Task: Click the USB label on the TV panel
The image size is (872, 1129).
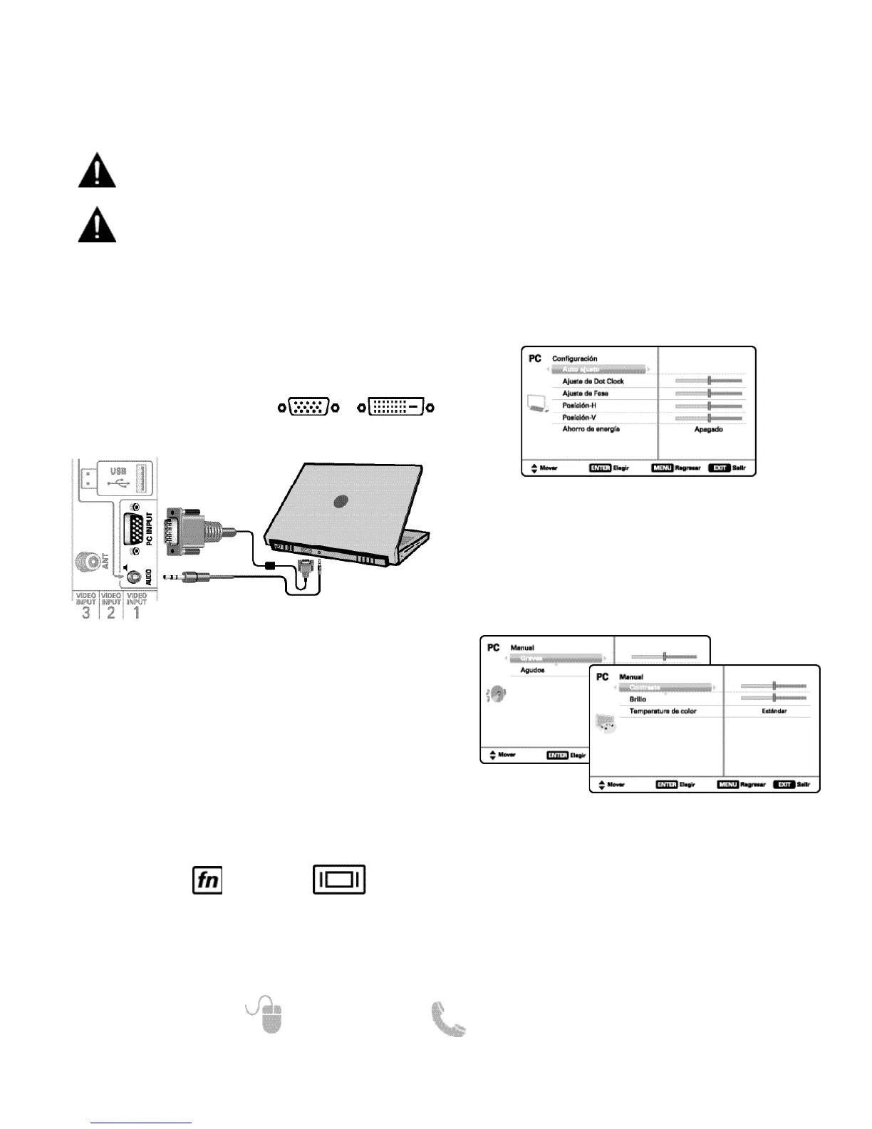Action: (x=118, y=471)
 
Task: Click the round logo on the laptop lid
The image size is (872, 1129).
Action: (x=342, y=500)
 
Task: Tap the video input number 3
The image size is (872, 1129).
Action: (x=86, y=612)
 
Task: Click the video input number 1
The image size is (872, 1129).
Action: (x=136, y=612)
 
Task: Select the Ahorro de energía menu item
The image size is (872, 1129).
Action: (x=591, y=429)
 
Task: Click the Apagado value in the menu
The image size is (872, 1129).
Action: (x=708, y=430)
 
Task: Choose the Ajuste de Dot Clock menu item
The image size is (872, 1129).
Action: (x=593, y=381)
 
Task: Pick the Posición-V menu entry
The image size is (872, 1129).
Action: (x=579, y=418)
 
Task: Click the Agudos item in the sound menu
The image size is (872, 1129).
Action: (x=532, y=670)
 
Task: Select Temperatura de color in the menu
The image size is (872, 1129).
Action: (x=663, y=711)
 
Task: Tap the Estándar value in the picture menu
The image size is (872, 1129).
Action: (x=773, y=711)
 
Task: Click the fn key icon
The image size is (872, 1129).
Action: (x=207, y=880)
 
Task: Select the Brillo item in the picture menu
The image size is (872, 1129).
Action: (x=638, y=699)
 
